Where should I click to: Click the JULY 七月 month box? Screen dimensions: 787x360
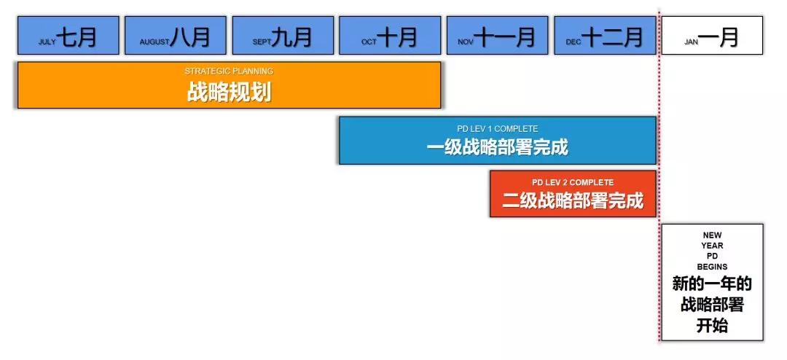68,35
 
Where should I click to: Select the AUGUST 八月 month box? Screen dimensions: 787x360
176,35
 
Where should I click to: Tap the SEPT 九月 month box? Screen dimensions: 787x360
283,35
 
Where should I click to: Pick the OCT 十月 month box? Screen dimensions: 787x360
390,35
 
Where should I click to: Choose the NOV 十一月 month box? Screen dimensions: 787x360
498,35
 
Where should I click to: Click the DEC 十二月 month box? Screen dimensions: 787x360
605,35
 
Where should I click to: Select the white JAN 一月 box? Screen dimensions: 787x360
712,35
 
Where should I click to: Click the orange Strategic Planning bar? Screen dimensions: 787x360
230,85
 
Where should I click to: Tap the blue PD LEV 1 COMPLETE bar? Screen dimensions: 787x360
498,140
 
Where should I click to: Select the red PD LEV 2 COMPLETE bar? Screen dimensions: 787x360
573,194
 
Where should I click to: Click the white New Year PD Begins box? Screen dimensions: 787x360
712,282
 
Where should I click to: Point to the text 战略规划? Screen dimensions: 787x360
230,93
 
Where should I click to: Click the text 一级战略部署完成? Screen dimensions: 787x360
498,148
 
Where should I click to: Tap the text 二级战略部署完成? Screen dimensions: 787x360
573,201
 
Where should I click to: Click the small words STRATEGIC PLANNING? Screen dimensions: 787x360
229,71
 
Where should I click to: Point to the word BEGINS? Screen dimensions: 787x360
712,267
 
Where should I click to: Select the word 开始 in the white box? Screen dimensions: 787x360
712,326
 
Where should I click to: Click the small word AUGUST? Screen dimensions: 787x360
154,42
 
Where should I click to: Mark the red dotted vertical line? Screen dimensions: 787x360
659,176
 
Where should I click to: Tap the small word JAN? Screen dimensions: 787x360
691,42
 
